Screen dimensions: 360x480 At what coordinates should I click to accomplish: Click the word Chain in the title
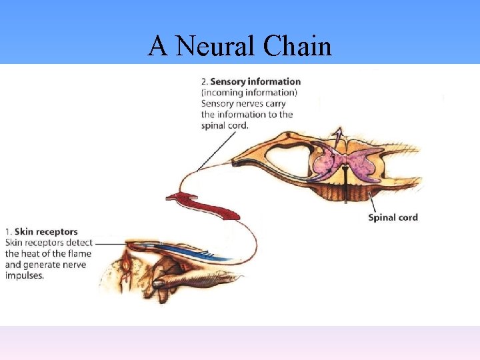pos(297,46)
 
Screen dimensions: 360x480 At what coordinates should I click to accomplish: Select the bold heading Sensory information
pos(255,82)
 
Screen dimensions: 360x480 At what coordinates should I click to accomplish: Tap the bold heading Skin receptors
pos(49,232)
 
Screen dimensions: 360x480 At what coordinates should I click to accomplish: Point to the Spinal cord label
pos(393,217)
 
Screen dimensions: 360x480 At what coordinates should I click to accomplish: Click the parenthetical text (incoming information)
pos(249,93)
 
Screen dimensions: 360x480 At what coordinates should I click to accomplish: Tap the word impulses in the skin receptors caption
pos(24,275)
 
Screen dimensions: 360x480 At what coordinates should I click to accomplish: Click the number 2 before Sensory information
pos(203,82)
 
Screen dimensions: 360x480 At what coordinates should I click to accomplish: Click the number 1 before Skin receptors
pos(7,232)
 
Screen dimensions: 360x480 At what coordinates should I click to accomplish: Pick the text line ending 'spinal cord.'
pos(225,125)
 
